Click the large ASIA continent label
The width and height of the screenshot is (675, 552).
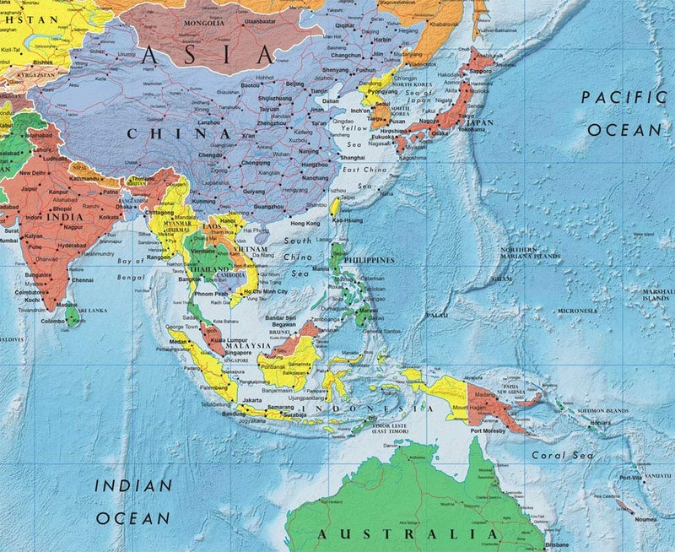click(208, 56)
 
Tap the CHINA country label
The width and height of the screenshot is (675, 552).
click(179, 133)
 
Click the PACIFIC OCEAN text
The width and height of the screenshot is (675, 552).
click(624, 113)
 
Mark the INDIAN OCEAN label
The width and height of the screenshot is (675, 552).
click(132, 501)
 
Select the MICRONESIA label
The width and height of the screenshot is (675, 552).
click(577, 311)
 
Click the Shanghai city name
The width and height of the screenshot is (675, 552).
click(352, 158)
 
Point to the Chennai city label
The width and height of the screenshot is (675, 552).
click(83, 279)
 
